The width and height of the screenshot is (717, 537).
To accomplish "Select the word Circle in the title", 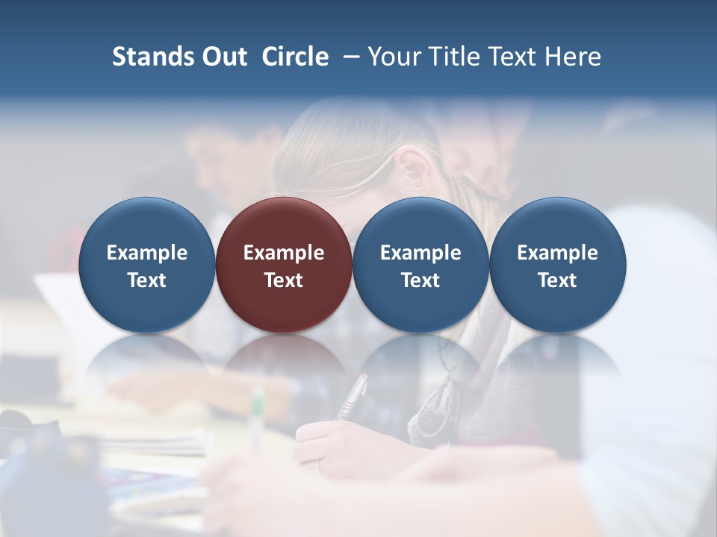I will pyautogui.click(x=295, y=57).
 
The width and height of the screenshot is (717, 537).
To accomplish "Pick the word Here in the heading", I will pyautogui.click(x=572, y=57).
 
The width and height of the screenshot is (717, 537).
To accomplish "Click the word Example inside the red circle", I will pyautogui.click(x=284, y=253).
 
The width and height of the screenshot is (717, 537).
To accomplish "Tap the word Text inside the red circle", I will pyautogui.click(x=284, y=280).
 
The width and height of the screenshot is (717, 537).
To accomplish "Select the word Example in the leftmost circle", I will pyautogui.click(x=147, y=253).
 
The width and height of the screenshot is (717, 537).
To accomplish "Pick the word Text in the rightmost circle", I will pyautogui.click(x=558, y=280).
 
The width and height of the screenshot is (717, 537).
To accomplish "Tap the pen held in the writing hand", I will pyautogui.click(x=353, y=396).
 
